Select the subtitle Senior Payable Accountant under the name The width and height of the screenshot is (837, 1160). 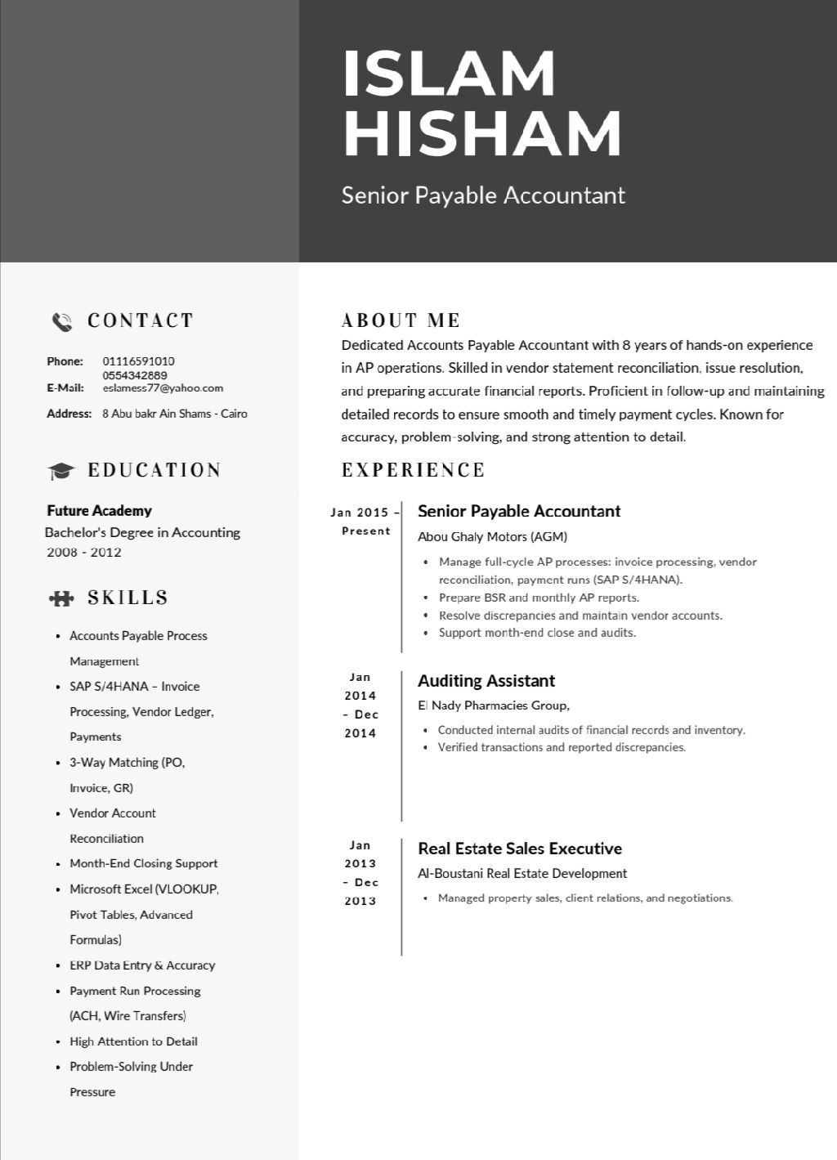pyautogui.click(x=483, y=195)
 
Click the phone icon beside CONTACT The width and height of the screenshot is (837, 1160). pyautogui.click(x=62, y=321)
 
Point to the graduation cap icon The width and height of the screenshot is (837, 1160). pyautogui.click(x=60, y=471)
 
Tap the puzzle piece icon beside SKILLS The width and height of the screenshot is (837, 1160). pyautogui.click(x=61, y=598)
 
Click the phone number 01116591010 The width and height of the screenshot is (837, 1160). pyautogui.click(x=138, y=361)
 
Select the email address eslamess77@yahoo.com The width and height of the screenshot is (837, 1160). pyautogui.click(x=163, y=388)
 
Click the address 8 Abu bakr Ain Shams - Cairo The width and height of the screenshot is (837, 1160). pyautogui.click(x=174, y=414)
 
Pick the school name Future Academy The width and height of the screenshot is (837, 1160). pyautogui.click(x=99, y=511)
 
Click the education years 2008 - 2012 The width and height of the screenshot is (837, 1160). pyautogui.click(x=84, y=553)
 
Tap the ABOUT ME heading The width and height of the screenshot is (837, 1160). pyautogui.click(x=401, y=320)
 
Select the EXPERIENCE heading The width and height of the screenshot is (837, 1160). pyautogui.click(x=413, y=470)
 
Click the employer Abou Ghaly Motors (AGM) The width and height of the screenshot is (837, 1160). pyautogui.click(x=492, y=537)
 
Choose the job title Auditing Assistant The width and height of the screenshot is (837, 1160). pyautogui.click(x=486, y=681)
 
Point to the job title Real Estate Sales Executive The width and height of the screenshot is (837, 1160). pyautogui.click(x=519, y=849)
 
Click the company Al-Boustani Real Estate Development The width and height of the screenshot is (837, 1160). pyautogui.click(x=522, y=873)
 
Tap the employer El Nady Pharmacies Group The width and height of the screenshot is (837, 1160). pyautogui.click(x=493, y=705)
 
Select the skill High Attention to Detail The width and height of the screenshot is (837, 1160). pyautogui.click(x=133, y=1041)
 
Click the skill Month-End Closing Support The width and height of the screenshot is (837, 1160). pyautogui.click(x=143, y=863)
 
